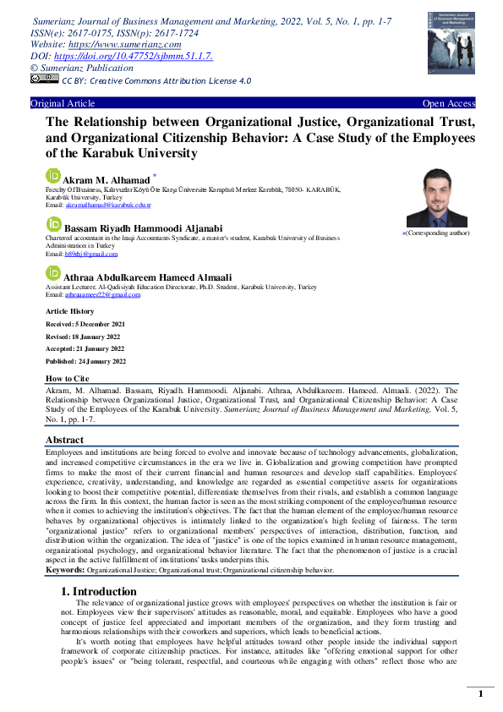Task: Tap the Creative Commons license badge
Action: pos(44,79)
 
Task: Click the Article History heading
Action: pos(70,312)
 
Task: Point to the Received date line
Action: pos(85,324)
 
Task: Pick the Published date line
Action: pos(85,361)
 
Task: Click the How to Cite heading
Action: pos(67,379)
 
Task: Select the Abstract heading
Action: pos(63,441)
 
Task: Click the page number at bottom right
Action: pos(480,694)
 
